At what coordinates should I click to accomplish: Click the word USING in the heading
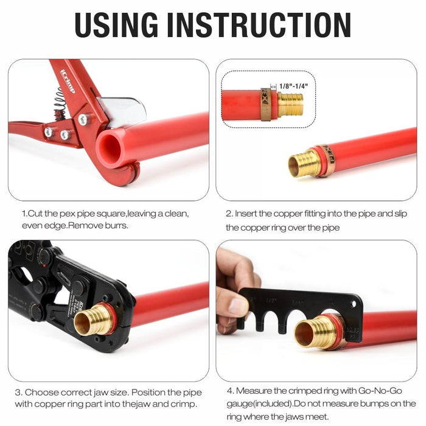116,25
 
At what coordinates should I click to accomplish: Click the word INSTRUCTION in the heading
259,25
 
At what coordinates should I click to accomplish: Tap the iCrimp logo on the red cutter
68,81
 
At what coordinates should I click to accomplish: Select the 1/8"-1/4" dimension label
294,86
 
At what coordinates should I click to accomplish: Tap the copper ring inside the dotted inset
266,104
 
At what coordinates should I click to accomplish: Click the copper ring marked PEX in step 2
326,160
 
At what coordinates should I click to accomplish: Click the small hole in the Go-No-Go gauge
354,304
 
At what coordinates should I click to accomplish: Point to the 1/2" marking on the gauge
271,301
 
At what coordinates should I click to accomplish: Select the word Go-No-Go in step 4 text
380,391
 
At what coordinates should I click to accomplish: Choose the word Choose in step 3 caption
41,393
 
